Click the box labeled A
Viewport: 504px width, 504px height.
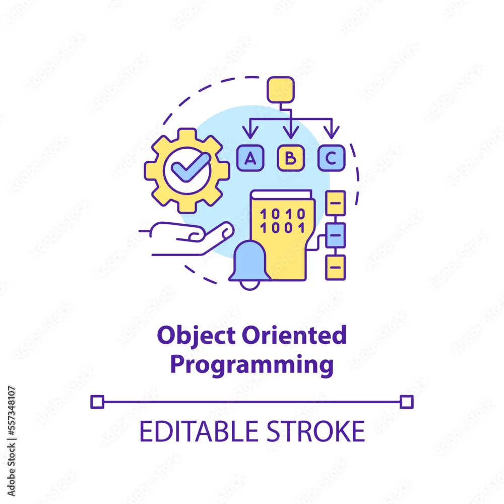coord(250,158)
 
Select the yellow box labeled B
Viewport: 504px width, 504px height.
coord(291,158)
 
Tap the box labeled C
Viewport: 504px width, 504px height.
coord(332,158)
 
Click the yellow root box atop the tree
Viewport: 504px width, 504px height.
coord(281,90)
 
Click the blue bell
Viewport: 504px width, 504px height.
coord(249,265)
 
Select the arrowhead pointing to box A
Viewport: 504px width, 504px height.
coord(250,133)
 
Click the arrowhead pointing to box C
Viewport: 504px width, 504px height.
coord(332,133)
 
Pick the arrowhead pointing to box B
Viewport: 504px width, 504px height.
coord(291,133)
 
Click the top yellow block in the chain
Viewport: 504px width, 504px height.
coord(336,203)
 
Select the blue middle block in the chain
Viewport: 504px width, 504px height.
coord(336,235)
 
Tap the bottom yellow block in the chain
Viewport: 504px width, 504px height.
coord(336,268)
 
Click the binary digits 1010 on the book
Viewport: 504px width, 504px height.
coord(283,214)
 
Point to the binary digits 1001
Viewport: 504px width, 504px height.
coord(283,228)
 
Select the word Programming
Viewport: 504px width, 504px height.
coord(252,365)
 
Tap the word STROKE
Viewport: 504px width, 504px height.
coord(317,431)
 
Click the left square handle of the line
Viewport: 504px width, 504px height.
coord(97,402)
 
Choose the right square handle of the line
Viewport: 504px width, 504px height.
coord(407,402)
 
